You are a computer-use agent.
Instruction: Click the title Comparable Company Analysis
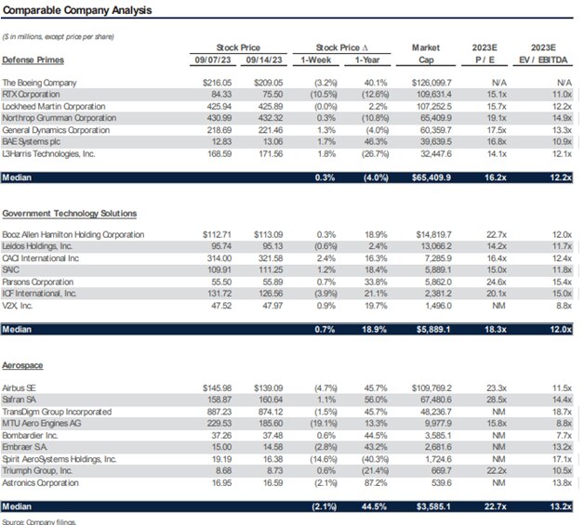77,10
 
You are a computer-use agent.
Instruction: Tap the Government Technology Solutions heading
70,213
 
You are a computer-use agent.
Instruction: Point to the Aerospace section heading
23,365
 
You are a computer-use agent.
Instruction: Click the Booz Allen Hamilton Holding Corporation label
86,234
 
